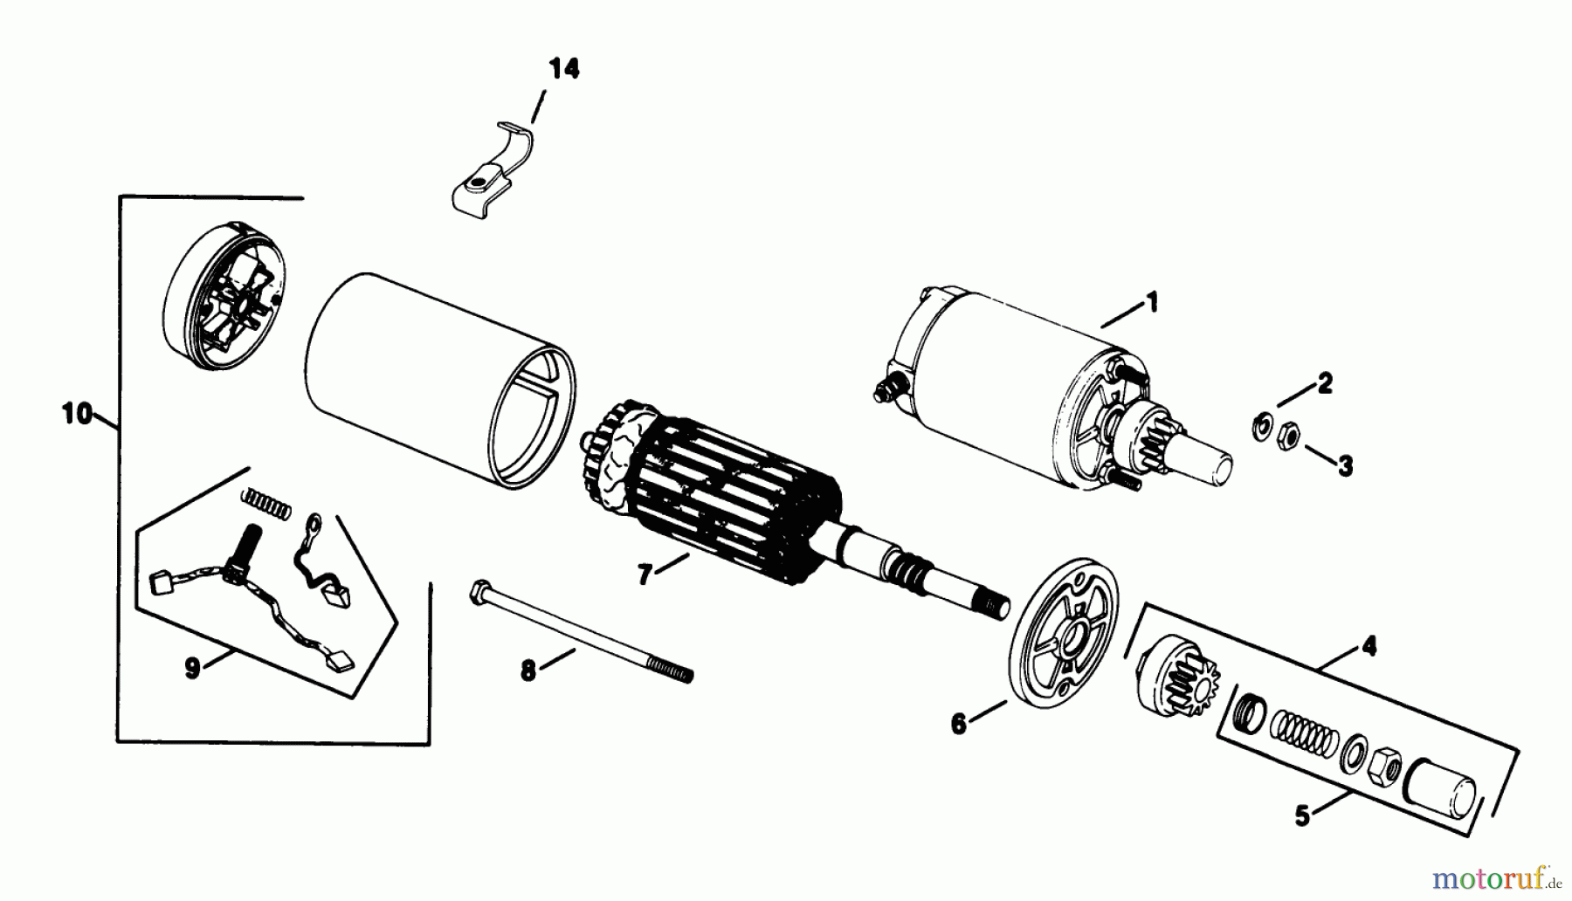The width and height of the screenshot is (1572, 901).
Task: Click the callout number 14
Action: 564,69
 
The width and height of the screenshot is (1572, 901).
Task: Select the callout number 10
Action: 77,414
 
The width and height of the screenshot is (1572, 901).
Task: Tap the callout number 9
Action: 192,668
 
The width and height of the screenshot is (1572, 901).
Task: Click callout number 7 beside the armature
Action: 645,575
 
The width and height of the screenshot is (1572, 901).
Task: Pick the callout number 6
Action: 959,724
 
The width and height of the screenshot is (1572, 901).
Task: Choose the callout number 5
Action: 1302,816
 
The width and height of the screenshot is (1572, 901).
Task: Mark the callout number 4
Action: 1369,647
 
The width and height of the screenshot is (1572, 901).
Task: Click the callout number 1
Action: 1152,303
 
